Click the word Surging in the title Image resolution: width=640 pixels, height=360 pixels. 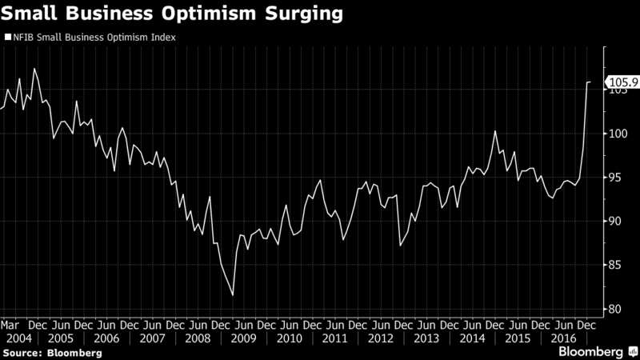304,14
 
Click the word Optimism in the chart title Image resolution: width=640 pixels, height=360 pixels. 209,14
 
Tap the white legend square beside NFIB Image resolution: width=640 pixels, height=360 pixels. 8,37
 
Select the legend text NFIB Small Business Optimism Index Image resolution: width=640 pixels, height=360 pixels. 94,38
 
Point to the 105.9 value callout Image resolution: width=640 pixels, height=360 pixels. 623,82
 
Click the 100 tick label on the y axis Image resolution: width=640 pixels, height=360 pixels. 618,134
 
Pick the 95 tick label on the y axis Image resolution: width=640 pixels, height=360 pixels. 614,178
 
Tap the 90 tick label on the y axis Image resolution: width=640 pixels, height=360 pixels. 614,222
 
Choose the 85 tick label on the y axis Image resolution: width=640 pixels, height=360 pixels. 614,266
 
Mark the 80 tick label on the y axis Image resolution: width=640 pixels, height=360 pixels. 614,309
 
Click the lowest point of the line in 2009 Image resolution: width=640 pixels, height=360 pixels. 233,294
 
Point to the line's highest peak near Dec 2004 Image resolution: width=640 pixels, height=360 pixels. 34,69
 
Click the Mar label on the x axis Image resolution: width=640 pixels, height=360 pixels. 10,326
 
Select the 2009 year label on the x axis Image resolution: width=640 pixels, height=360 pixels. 244,338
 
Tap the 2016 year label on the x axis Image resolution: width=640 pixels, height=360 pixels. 564,338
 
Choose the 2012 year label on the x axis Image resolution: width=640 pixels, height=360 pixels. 381,338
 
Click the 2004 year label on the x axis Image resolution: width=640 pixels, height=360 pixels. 18,338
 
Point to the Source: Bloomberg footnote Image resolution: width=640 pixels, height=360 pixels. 52,353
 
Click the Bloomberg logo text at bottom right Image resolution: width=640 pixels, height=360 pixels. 590,352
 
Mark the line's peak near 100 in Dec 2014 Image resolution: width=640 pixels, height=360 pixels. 495,131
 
